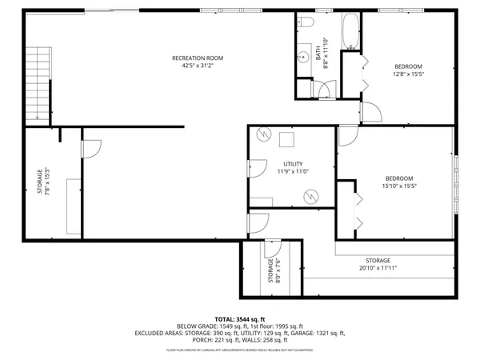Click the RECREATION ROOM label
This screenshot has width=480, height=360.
(x=198, y=58)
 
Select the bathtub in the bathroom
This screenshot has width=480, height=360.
(x=352, y=33)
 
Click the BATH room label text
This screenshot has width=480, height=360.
(x=318, y=54)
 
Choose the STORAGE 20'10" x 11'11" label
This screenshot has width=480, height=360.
(x=378, y=265)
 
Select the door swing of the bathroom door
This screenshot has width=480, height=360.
(x=326, y=91)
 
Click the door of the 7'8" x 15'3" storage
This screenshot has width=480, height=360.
(x=90, y=149)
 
